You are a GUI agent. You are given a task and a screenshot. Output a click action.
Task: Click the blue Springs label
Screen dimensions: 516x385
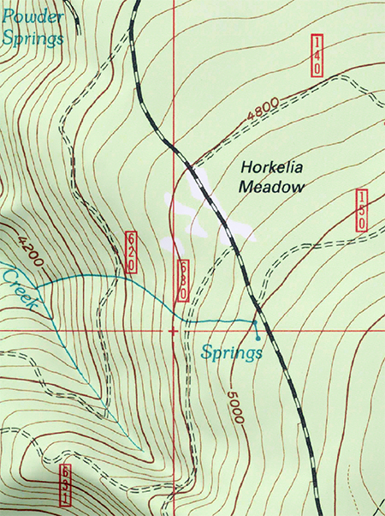(230, 352)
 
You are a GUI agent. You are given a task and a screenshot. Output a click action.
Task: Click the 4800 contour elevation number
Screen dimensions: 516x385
(263, 111)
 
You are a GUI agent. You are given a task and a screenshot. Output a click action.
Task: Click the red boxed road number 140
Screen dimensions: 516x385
(317, 56)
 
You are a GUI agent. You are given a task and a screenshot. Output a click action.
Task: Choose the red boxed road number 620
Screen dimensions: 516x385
(131, 252)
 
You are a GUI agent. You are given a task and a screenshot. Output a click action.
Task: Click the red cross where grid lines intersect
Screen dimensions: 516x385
(174, 330)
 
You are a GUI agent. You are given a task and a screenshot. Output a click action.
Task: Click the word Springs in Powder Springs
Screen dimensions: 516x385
(33, 39)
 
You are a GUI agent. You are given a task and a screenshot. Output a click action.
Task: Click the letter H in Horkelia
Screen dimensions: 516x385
(246, 168)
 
